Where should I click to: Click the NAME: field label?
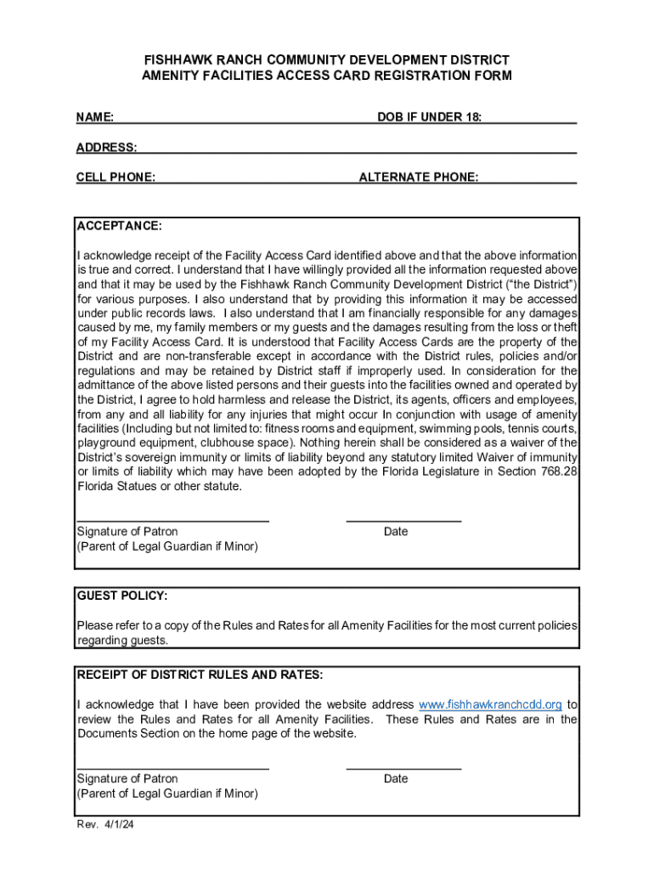tap(95, 117)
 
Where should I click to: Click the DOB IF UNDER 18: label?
tap(430, 117)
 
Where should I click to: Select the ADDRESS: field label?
tap(106, 148)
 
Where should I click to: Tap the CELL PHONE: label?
tap(116, 178)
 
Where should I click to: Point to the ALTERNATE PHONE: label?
tap(419, 178)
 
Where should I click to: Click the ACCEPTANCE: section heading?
tap(120, 226)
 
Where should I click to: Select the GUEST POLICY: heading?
tap(122, 596)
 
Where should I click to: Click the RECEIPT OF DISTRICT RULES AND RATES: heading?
tap(200, 675)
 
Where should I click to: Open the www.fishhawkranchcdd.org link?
tap(491, 704)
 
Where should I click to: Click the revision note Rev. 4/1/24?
tap(105, 825)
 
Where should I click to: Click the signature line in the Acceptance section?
tap(173, 519)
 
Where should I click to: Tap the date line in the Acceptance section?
tap(403, 519)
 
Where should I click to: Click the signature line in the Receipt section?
tap(173, 767)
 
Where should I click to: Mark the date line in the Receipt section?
tap(403, 767)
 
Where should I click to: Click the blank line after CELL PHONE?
tap(255, 182)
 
